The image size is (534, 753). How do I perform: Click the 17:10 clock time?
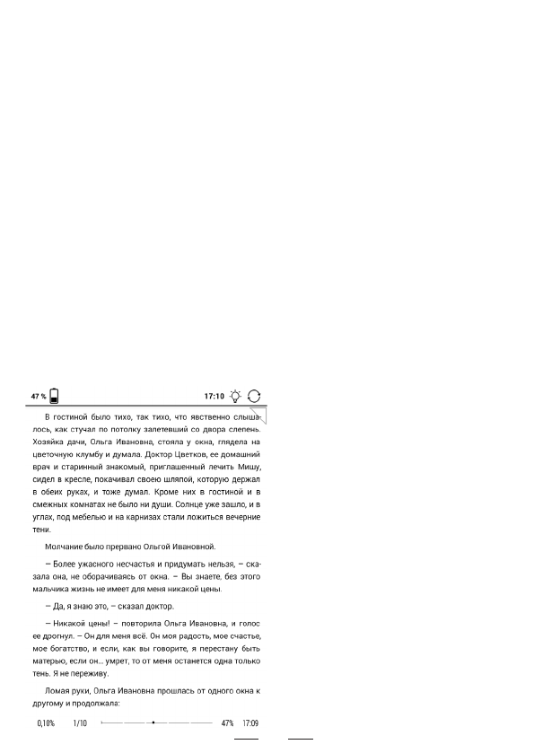point(213,396)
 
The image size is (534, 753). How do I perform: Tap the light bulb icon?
point(235,396)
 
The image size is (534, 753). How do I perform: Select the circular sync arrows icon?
point(255,396)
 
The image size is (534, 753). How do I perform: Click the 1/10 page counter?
point(80,722)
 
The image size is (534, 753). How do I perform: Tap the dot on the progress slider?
point(153,722)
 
